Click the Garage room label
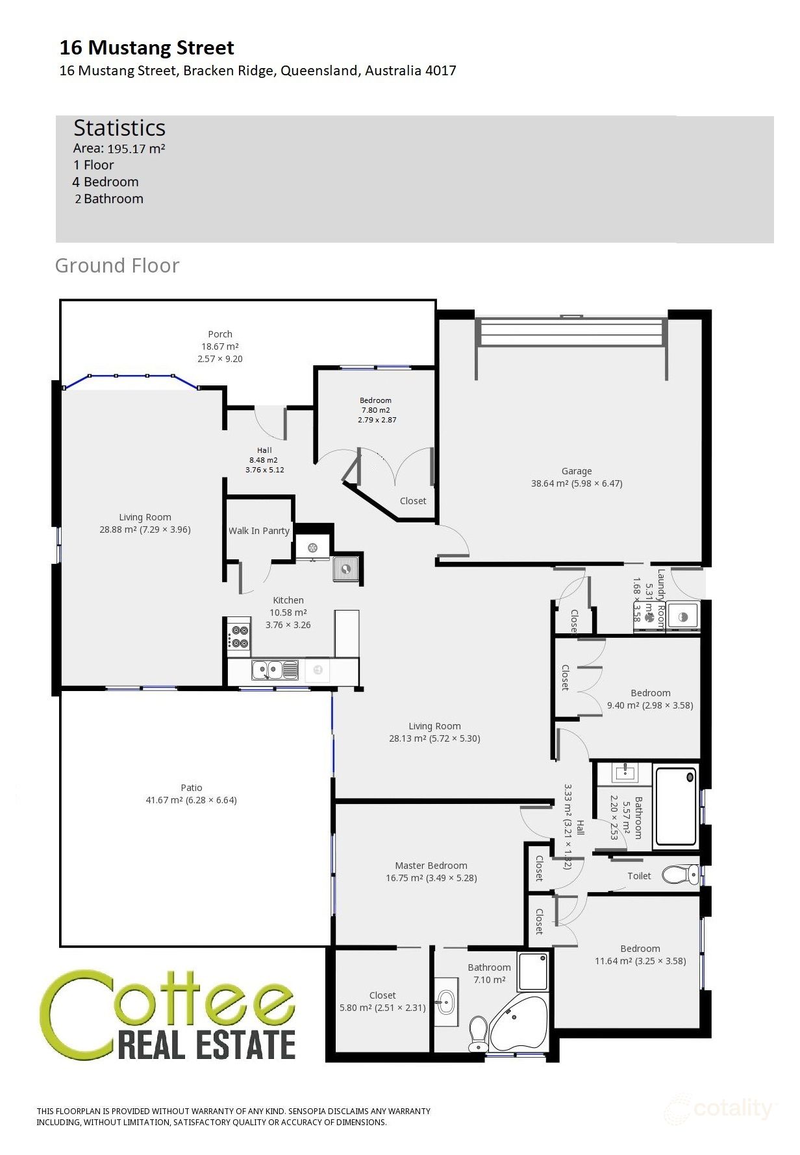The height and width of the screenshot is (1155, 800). [x=576, y=471]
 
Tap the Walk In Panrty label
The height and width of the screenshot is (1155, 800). [x=258, y=531]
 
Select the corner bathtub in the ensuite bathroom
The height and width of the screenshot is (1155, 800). [x=519, y=1023]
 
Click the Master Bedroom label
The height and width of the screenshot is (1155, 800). [x=431, y=866]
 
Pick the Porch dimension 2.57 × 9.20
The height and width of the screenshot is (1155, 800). [x=220, y=359]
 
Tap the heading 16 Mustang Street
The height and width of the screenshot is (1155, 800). [x=147, y=47]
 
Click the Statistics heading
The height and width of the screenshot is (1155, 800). [x=119, y=128]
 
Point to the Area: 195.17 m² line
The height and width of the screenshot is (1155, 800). [x=119, y=149]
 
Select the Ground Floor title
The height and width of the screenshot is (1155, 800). [x=117, y=265]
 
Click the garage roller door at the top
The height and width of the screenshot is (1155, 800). [x=571, y=332]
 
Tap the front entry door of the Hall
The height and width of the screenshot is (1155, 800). [x=269, y=422]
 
